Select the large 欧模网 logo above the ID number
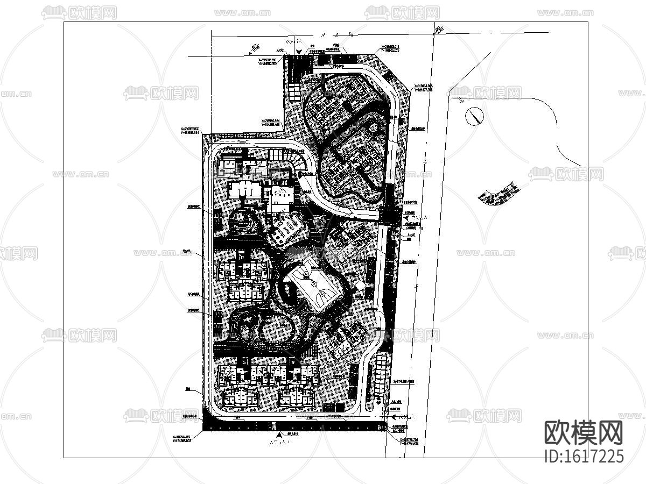pyautogui.click(x=584, y=432)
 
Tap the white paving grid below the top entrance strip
pyautogui.click(x=295, y=91)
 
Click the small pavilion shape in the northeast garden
pyautogui.click(x=374, y=128)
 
